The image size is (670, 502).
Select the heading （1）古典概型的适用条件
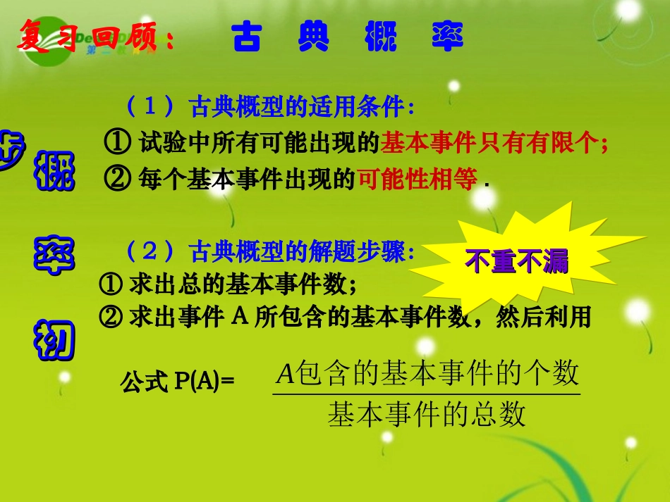pos(268,107)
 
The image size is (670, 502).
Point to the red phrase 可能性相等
pos(418,180)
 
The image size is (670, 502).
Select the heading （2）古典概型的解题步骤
pos(268,251)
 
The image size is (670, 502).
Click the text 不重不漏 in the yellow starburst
pos(516,263)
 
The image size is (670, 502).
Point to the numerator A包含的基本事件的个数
pos(427,372)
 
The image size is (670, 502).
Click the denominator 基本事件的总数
pos(427,415)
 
